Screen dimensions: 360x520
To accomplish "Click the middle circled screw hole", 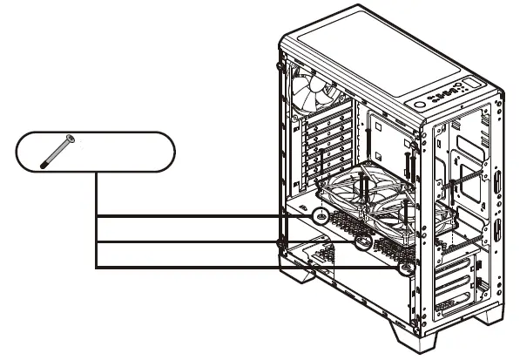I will coord(363,244).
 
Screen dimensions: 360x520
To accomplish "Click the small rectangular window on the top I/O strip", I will coord(471,84).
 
